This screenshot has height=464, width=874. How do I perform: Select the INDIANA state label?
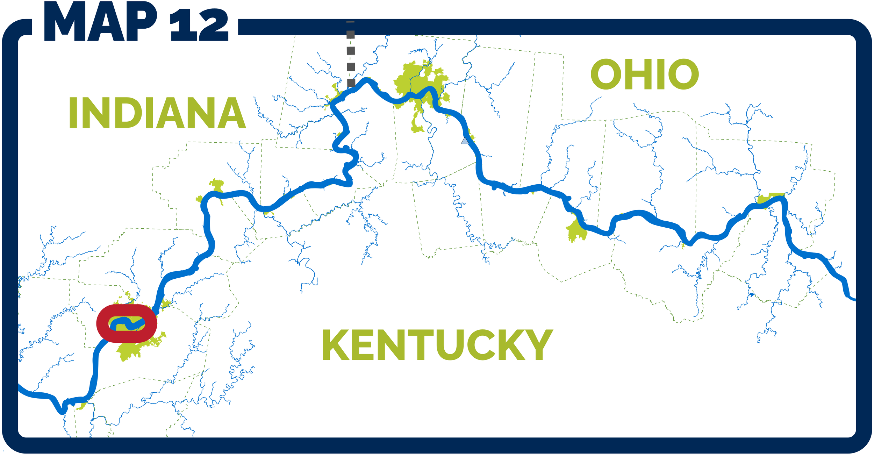point(157,113)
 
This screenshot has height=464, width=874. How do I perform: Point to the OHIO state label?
point(644,74)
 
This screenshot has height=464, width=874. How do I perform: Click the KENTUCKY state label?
point(437,345)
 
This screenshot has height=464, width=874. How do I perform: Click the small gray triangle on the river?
point(465,141)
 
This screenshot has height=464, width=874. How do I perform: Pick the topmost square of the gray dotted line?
point(350,34)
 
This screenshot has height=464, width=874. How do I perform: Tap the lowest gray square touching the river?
point(351,83)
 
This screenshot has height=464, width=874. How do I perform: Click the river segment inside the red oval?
point(128,324)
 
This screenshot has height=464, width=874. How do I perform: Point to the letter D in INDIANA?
point(130,113)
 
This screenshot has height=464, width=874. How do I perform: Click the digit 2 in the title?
point(213,25)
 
